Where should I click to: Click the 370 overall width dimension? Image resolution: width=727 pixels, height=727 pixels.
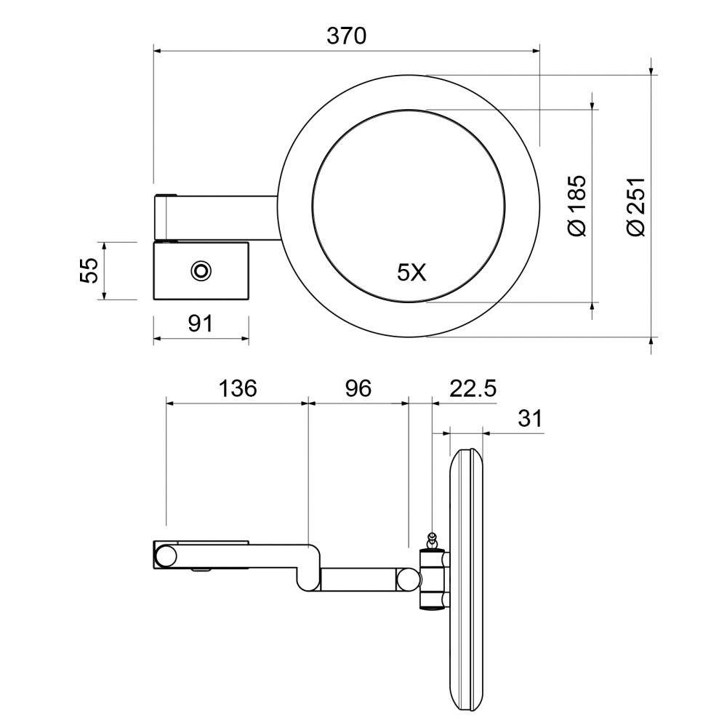click(x=346, y=36)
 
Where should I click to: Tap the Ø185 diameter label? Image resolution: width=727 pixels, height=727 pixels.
click(x=578, y=206)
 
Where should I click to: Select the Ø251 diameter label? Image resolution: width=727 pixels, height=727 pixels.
click(x=635, y=206)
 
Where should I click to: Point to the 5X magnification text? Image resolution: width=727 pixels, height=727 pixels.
click(x=411, y=273)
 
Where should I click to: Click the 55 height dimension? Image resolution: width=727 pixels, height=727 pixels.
click(x=89, y=270)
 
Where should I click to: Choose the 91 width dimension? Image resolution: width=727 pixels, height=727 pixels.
click(x=201, y=324)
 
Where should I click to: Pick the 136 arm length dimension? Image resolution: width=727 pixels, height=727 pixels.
click(x=238, y=388)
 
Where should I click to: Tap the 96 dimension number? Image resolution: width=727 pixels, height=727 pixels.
click(x=358, y=388)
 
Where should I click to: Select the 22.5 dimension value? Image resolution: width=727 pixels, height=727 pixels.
click(x=473, y=388)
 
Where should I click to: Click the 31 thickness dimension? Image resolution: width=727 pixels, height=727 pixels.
click(x=530, y=418)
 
